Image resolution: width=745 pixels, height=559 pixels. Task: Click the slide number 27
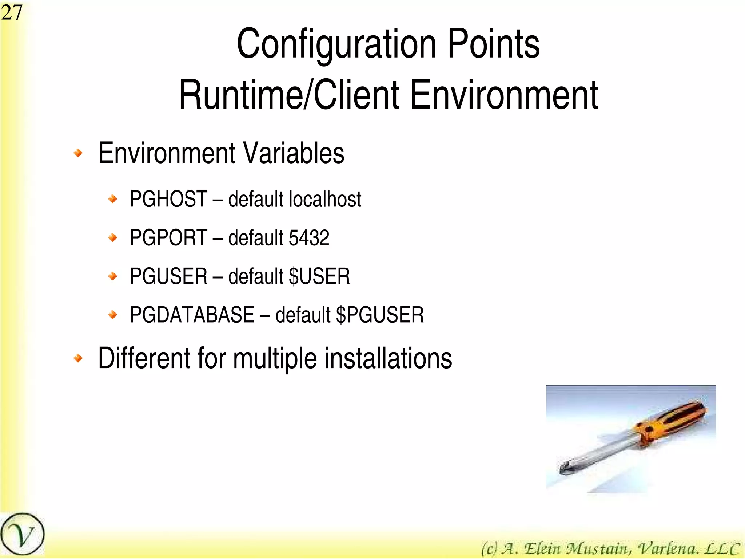tap(12, 12)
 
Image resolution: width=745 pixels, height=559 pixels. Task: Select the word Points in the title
tap(493, 44)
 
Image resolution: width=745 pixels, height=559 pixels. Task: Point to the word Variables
tap(293, 153)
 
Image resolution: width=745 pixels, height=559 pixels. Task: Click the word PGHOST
tap(168, 199)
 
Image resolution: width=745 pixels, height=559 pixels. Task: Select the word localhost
tap(325, 199)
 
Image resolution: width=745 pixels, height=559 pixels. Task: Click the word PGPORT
tap(168, 238)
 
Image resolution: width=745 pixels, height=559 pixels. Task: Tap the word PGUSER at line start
tap(168, 276)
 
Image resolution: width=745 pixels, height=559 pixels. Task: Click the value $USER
tap(319, 276)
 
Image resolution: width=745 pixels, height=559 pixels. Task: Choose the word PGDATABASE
tap(192, 315)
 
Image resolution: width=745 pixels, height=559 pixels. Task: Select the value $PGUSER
tap(380, 315)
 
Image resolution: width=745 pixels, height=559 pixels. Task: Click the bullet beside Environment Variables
tap(78, 153)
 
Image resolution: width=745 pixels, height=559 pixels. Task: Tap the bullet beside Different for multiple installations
tap(78, 358)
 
